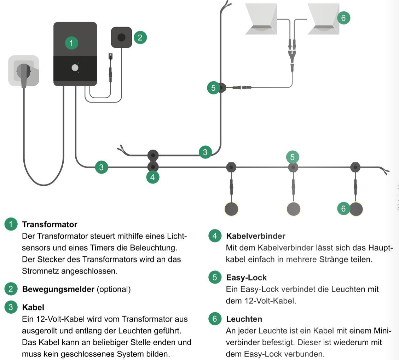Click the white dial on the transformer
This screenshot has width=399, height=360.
click(75, 68)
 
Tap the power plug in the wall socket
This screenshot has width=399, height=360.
click(24, 72)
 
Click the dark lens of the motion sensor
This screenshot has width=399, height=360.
click(121, 37)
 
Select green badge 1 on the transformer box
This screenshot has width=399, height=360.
click(71, 43)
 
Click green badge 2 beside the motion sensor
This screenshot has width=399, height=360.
click(140, 37)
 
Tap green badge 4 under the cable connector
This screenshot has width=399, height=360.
click(153, 177)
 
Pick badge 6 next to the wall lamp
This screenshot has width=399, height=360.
click(343, 18)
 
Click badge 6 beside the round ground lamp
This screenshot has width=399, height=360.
click(343, 209)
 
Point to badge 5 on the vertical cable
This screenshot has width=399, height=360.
click(214, 88)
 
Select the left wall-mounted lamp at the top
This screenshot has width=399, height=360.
click(261, 19)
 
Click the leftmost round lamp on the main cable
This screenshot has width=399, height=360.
click(231, 209)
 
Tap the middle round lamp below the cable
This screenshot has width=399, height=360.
click(293, 209)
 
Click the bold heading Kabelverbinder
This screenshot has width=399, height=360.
click(255, 236)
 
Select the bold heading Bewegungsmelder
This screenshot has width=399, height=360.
click(58, 289)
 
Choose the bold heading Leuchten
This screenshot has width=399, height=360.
click(244, 319)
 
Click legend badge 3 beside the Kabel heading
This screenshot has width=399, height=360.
click(11, 307)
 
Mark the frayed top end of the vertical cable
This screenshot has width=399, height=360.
click(226, 5)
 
